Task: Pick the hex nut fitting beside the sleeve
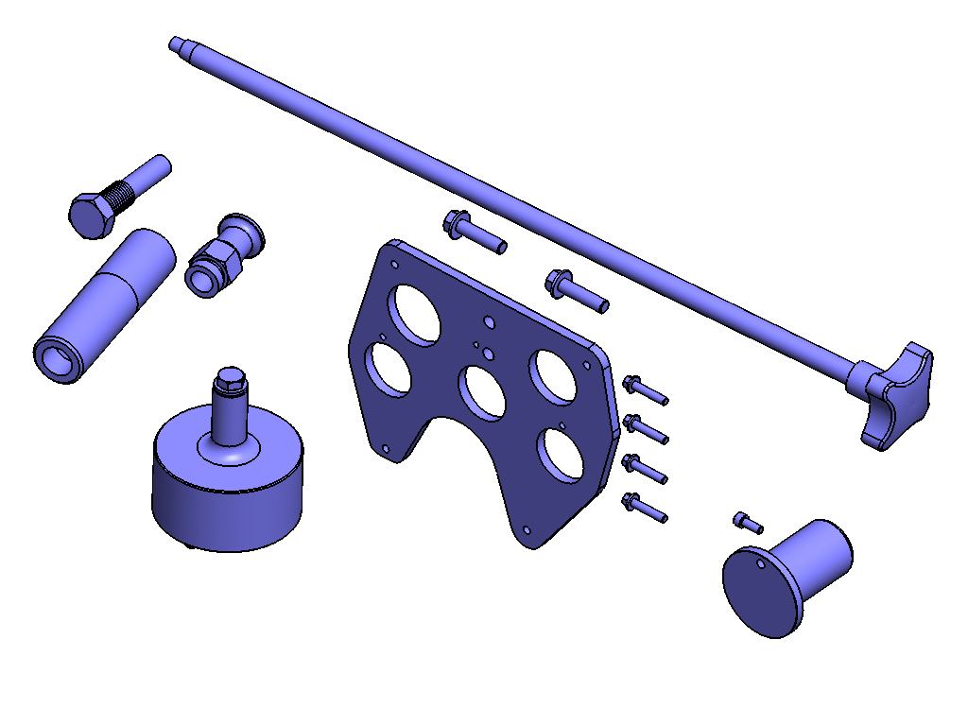(x=211, y=268)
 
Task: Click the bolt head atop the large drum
(x=230, y=382)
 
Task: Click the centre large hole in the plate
(x=484, y=389)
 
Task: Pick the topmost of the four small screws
(x=645, y=389)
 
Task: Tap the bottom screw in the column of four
(x=645, y=507)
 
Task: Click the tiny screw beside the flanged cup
(x=747, y=521)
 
